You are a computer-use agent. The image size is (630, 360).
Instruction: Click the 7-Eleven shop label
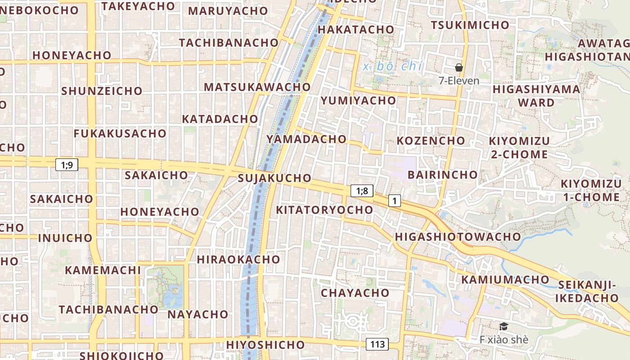point(459,81)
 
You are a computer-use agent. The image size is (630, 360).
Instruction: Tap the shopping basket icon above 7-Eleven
point(459,68)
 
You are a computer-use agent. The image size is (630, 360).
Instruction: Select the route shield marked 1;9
point(67,165)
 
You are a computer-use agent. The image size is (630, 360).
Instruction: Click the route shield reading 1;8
point(362,191)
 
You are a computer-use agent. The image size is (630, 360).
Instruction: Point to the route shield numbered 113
point(377,345)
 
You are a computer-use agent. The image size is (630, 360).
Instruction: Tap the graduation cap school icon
point(504,327)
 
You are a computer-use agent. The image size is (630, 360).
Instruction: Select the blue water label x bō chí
point(392,67)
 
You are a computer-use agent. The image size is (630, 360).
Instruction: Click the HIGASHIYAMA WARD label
point(536,96)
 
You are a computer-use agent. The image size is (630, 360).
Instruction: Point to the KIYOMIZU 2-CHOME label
point(519,148)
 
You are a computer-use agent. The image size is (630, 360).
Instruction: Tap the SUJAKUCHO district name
point(274,178)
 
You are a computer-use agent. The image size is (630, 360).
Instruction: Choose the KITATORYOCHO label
point(324,210)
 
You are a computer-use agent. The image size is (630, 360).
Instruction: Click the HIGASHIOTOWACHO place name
point(458,237)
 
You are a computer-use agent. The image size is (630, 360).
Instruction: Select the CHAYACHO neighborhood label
point(355,293)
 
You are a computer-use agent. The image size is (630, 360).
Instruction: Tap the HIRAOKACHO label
point(238,260)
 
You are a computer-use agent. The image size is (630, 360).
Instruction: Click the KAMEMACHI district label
point(103,270)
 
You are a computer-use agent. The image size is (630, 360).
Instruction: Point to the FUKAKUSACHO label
point(120,134)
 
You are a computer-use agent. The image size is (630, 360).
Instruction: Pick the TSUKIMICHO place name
point(470,25)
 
